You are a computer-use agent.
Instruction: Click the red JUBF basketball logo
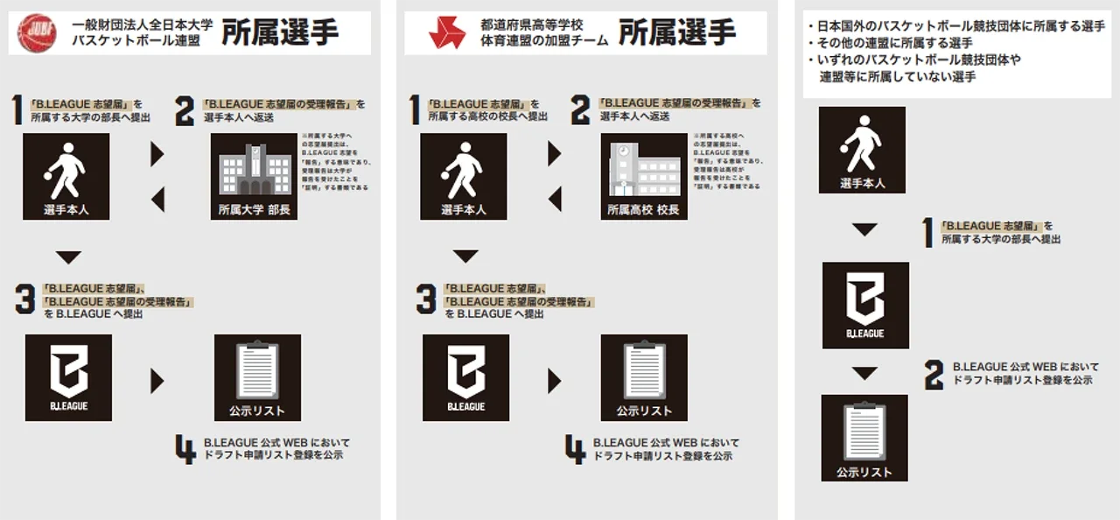(38, 32)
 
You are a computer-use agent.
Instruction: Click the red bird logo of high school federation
(446, 32)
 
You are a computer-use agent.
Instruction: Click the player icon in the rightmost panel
(862, 150)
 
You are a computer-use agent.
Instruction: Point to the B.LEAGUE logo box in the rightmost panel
(864, 305)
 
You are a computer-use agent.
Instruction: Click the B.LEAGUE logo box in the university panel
(68, 377)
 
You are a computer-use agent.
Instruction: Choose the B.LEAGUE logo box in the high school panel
(465, 377)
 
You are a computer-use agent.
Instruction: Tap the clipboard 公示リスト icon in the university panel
(257, 377)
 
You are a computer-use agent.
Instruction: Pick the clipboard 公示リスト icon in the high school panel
(643, 377)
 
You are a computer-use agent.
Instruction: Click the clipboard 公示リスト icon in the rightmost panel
(864, 438)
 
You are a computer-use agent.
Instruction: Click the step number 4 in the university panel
(185, 450)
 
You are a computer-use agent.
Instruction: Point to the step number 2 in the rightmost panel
(934, 375)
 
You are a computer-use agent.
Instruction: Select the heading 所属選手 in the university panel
(280, 33)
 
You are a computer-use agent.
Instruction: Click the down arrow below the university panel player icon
(67, 257)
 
